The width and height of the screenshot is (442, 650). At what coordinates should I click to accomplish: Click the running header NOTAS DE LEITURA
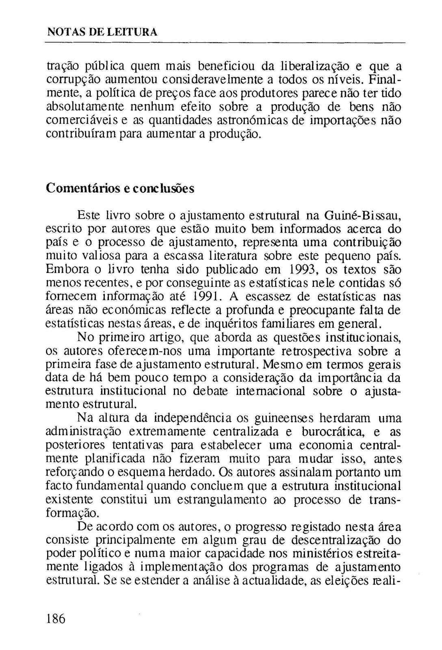(x=102, y=32)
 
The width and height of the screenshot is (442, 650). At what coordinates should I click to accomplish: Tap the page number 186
(x=56, y=619)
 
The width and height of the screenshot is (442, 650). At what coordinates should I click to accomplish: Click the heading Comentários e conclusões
(x=120, y=188)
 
